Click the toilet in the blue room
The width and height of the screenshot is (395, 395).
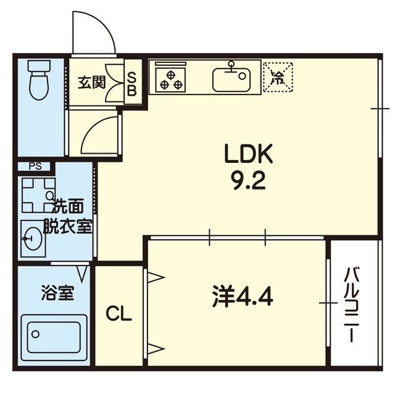click(x=39, y=80)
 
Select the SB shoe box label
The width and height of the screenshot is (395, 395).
click(x=131, y=83)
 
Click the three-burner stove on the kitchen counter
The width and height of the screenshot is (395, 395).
click(x=171, y=78)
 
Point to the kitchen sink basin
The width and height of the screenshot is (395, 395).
click(x=231, y=80)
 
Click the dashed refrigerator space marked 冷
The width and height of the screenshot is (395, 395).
click(x=278, y=77)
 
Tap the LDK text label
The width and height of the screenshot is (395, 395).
click(x=248, y=154)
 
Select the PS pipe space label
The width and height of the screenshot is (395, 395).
click(x=35, y=166)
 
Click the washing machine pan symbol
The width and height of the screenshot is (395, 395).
click(x=38, y=195)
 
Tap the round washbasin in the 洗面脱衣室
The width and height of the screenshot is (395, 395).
click(x=33, y=238)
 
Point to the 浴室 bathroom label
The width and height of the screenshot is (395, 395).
click(x=57, y=293)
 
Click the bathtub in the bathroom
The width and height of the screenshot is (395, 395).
click(x=54, y=338)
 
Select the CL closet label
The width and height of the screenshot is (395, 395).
click(x=118, y=314)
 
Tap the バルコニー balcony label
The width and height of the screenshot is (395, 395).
click(x=352, y=305)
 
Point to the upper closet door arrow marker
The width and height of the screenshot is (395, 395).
click(x=156, y=278)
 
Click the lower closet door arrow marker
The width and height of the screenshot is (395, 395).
click(x=156, y=349)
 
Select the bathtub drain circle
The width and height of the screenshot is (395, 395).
click(x=36, y=334)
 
